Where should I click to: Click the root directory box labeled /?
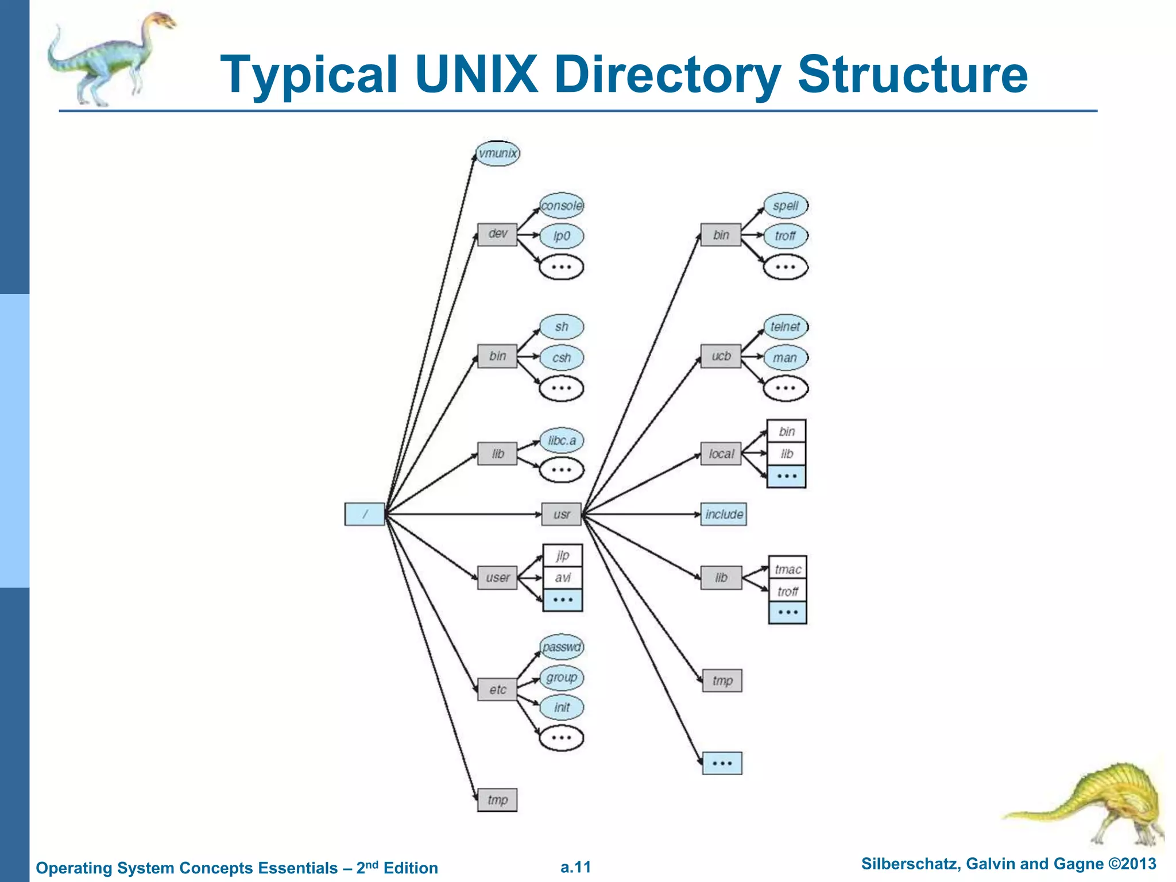point(365,514)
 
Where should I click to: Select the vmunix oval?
point(498,153)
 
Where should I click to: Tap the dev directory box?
point(497,234)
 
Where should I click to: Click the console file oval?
point(562,206)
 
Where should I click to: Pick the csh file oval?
point(562,358)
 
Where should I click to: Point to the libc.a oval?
point(562,440)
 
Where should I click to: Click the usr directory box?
point(562,514)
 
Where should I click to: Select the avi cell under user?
point(563,578)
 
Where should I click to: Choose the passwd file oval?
point(562,647)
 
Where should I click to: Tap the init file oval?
point(562,707)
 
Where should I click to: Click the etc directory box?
point(497,689)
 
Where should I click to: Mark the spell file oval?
point(786,206)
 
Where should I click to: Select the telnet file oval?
point(785,327)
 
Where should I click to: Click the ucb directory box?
point(721,356)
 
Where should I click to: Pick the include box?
point(724,514)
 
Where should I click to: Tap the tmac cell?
point(787,568)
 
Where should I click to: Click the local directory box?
point(721,454)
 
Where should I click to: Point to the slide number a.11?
point(575,867)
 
